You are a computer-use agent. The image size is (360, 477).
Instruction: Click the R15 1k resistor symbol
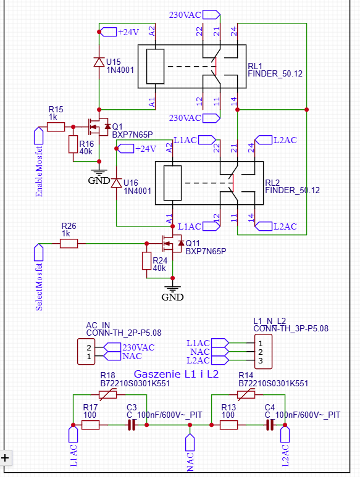coord(56,127)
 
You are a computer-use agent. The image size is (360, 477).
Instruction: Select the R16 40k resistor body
coord(73,144)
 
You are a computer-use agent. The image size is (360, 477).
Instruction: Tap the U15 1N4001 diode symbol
coord(99,62)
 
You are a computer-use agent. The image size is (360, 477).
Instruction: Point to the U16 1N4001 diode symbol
coord(116,183)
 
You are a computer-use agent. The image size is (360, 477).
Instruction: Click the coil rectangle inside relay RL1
coord(155,66)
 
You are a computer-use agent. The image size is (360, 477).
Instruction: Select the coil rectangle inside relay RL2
coord(172,183)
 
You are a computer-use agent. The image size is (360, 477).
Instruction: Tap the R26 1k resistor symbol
coord(69,243)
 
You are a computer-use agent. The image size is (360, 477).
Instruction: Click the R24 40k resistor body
coord(147,260)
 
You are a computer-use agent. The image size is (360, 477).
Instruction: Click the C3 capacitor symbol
coord(132,425)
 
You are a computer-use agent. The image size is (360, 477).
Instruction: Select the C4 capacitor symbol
coord(270,425)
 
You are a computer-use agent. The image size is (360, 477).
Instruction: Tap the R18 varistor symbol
coord(107,394)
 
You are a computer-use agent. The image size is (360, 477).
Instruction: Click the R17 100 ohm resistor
coord(90,425)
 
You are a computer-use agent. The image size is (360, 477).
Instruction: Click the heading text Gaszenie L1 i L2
coord(176,374)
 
